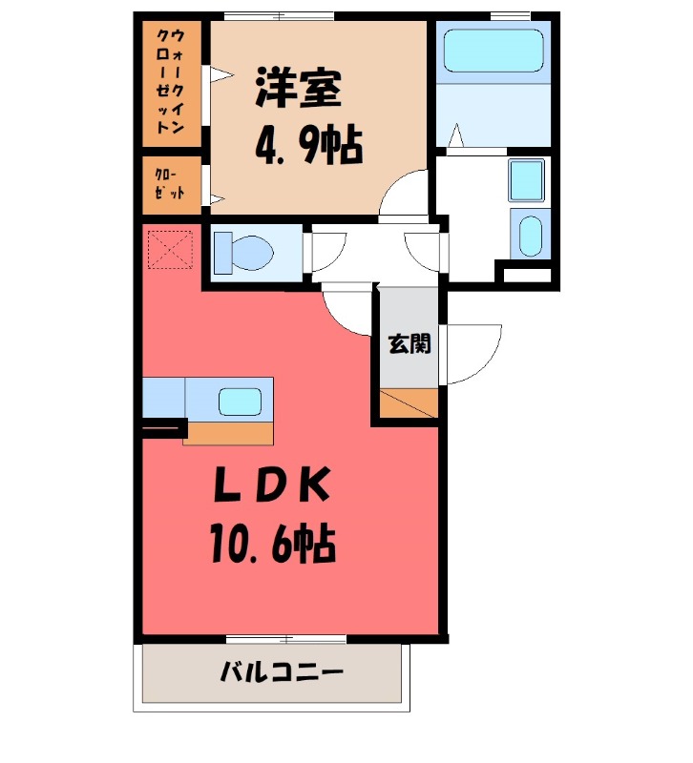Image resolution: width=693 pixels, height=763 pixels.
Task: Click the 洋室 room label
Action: click(x=298, y=88)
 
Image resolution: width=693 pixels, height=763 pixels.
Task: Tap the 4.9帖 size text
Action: click(x=308, y=145)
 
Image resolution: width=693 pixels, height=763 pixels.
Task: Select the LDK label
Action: click(x=272, y=485)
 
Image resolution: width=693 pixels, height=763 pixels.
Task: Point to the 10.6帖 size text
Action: click(x=273, y=543)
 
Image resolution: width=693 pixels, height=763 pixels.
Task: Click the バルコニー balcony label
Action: click(x=282, y=672)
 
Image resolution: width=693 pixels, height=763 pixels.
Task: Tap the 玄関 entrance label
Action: click(x=409, y=344)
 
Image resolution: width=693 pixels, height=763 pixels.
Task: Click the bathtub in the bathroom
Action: click(x=493, y=51)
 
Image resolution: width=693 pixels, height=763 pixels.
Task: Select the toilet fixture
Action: click(x=244, y=253)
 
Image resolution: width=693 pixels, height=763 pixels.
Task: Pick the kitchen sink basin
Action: click(x=240, y=402)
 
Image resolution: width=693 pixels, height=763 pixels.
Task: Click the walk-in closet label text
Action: click(x=171, y=82)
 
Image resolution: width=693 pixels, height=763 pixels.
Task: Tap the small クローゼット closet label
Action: click(x=170, y=184)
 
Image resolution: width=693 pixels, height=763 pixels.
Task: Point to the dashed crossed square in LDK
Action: click(x=171, y=249)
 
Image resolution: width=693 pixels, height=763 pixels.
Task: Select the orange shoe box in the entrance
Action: click(x=409, y=402)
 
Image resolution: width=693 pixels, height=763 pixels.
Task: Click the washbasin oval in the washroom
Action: click(x=531, y=235)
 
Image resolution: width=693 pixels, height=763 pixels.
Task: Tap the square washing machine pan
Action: click(x=526, y=180)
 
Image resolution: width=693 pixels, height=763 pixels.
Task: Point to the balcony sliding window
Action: click(x=286, y=638)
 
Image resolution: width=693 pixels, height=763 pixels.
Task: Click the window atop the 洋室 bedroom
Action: click(x=280, y=16)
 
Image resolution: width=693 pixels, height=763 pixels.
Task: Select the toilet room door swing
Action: click(x=328, y=252)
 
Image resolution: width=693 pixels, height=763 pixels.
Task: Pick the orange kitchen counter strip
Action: click(x=228, y=433)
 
